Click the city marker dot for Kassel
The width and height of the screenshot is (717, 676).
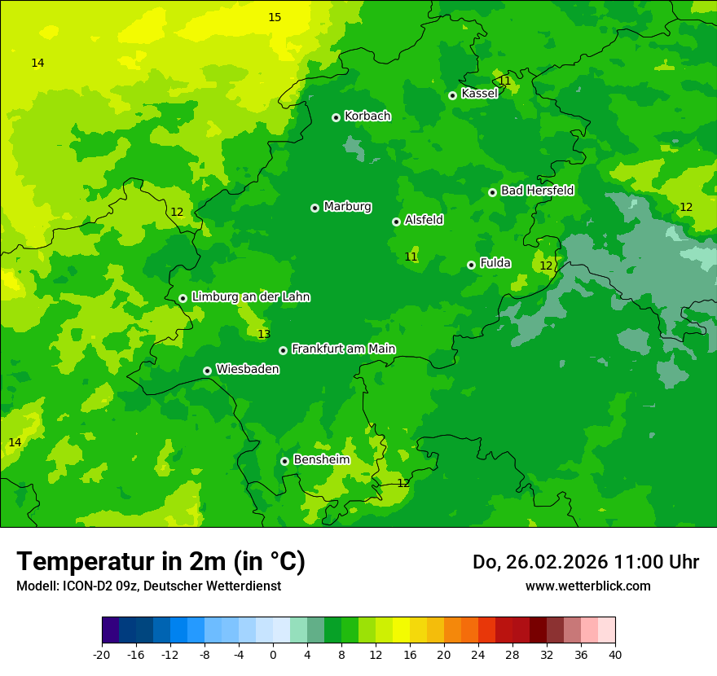[452, 95]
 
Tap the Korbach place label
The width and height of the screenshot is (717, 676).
[367, 116]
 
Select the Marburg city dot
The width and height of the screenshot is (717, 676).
[315, 208]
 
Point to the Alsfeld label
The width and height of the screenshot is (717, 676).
[424, 220]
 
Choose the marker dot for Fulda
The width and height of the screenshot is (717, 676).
[471, 265]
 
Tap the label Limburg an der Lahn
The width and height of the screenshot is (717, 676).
[250, 297]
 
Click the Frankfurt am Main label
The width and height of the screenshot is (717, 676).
[343, 349]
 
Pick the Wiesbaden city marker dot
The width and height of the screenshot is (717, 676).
[207, 371]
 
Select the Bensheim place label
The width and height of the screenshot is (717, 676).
[321, 459]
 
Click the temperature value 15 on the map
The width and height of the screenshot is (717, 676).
[275, 17]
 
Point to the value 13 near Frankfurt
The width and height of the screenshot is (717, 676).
[264, 334]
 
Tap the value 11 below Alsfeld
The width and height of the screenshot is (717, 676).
[411, 257]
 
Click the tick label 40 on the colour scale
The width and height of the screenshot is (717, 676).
[614, 655]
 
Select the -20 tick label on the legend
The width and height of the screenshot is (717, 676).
[102, 655]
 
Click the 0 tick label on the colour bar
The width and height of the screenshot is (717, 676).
[273, 655]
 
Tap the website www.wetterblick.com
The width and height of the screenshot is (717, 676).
[587, 586]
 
